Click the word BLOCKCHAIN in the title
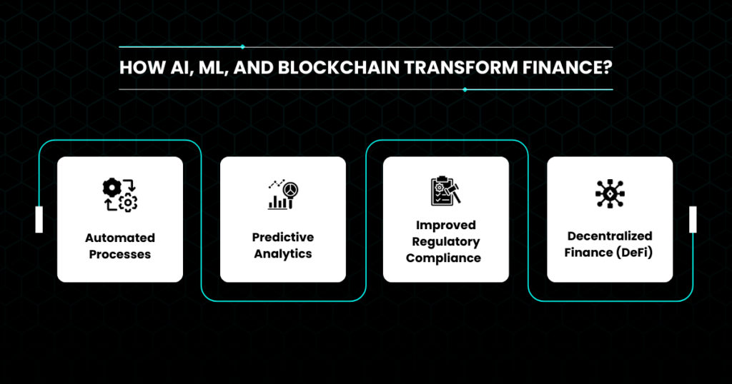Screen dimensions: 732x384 [x=338, y=68]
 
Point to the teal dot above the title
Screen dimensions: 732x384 [x=242, y=47]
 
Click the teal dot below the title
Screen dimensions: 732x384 [x=465, y=89]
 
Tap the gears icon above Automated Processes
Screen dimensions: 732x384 [x=120, y=195]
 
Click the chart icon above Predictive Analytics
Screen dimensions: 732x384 [x=283, y=194]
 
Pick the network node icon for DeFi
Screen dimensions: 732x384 [x=610, y=193]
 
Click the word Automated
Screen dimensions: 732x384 [x=120, y=238]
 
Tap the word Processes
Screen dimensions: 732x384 [x=120, y=254]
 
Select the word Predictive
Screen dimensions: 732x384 [x=283, y=237]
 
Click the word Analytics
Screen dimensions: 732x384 [x=283, y=254]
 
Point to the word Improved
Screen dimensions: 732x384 [x=446, y=225]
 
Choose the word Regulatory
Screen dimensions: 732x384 [x=446, y=242]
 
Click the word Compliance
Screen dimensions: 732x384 [x=443, y=258]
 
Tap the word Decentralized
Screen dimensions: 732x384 [x=610, y=236]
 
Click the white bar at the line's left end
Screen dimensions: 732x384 [x=39, y=220]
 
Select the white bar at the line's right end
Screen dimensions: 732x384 [x=693, y=220]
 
